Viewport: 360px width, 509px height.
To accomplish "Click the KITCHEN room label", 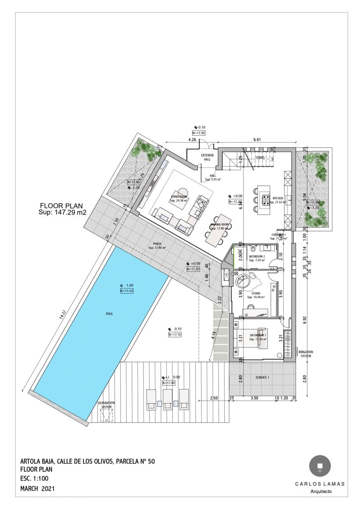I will [278, 198].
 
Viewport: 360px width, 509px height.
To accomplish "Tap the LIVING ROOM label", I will [179, 197].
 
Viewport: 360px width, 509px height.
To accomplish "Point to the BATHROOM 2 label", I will [257, 257].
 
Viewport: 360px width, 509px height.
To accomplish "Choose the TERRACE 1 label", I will [262, 377].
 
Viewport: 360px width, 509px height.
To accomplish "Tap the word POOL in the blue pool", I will [110, 314].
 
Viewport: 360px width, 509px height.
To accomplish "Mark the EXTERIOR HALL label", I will [207, 157].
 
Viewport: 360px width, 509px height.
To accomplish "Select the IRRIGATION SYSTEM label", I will [306, 354].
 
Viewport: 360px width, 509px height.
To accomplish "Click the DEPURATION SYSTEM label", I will [106, 405].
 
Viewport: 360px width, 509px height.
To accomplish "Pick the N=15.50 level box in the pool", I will [127, 291].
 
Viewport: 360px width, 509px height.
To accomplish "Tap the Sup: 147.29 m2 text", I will [62, 212].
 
